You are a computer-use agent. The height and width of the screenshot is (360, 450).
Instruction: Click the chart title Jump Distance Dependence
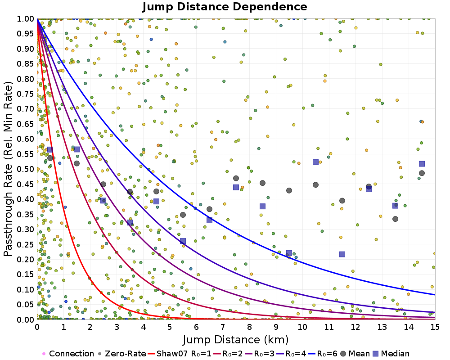(x=225, y=7)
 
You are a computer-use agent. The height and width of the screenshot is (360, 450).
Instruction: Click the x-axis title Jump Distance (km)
(x=236, y=339)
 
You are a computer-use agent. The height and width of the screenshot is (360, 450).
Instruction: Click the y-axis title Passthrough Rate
(x=9, y=169)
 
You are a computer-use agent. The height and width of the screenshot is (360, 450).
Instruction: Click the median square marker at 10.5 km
(x=315, y=162)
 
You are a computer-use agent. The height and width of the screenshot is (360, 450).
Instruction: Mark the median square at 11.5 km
(x=342, y=254)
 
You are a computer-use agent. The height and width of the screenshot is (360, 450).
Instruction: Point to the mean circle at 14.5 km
(x=422, y=173)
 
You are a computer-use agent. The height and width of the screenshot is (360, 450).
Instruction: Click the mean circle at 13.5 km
(x=395, y=219)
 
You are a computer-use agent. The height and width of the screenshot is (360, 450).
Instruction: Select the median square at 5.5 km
(x=183, y=241)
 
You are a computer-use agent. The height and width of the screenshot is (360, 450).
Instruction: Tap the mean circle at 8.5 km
(x=262, y=183)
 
